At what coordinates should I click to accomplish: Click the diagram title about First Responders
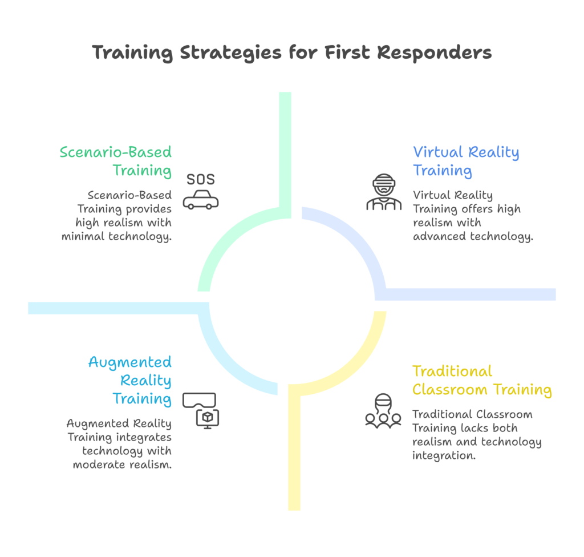coord(292,53)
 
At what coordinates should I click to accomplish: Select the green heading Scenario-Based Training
coord(116,161)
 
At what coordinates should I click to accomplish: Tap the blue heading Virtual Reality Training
coord(466,161)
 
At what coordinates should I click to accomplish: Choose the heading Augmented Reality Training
coord(130,380)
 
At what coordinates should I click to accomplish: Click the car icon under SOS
coord(201,201)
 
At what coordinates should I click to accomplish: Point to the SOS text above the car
coord(201,180)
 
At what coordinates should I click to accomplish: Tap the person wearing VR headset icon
coord(384,193)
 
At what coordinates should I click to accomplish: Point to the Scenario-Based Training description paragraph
coord(117,216)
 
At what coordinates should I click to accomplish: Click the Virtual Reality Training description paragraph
coord(472,216)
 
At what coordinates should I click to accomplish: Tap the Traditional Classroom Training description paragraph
coord(477,435)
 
